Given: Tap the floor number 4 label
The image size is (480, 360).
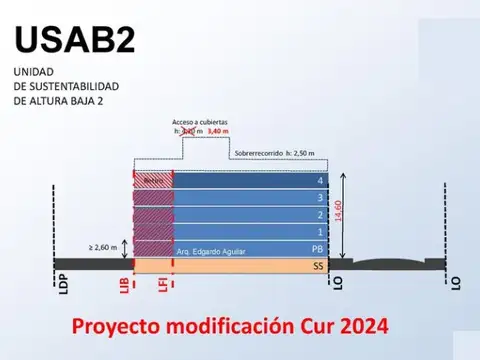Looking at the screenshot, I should pyautogui.click(x=320, y=181).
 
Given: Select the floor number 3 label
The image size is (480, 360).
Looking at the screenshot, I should pyautogui.click(x=320, y=198).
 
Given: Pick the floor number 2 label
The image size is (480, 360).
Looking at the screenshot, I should pyautogui.click(x=320, y=215).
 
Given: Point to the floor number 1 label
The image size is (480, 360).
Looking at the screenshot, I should pyautogui.click(x=320, y=232).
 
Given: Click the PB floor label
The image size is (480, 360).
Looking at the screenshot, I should pyautogui.click(x=319, y=249).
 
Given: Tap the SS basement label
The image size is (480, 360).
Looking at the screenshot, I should pyautogui.click(x=319, y=266).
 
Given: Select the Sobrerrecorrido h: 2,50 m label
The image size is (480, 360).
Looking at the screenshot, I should pyautogui.click(x=273, y=153).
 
